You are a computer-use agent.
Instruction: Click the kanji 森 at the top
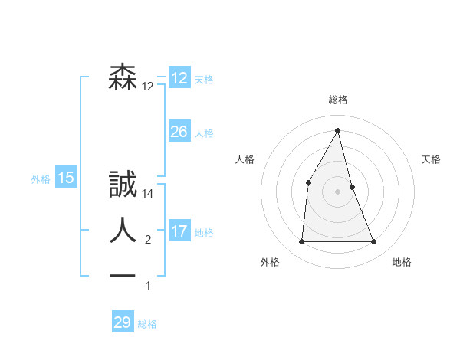(x=123, y=77)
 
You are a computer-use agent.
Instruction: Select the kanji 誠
(x=123, y=185)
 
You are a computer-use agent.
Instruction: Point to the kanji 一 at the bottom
(x=123, y=273)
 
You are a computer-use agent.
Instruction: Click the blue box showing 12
(x=179, y=78)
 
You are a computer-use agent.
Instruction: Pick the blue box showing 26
(x=179, y=132)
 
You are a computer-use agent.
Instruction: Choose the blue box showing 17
(x=179, y=231)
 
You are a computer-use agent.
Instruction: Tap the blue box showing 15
(x=66, y=178)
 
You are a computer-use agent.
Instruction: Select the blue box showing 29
(x=123, y=322)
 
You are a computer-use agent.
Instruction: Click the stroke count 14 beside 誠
(x=149, y=195)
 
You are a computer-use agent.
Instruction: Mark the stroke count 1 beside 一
(x=148, y=286)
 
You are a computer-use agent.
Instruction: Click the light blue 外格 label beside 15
(x=41, y=179)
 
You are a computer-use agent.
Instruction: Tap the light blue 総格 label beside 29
(x=147, y=324)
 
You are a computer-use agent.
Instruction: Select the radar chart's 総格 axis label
(x=337, y=100)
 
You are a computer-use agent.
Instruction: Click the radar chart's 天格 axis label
(x=432, y=159)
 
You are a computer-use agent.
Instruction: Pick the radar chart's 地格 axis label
(x=402, y=262)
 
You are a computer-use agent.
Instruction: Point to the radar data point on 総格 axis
(x=337, y=130)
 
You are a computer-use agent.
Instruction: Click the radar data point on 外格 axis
(x=301, y=242)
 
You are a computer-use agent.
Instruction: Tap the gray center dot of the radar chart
(x=337, y=191)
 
